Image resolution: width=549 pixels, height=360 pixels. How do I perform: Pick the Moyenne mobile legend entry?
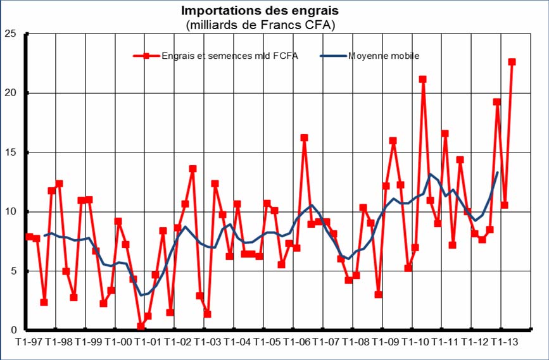383,56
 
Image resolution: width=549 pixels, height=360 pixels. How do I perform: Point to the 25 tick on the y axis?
10,33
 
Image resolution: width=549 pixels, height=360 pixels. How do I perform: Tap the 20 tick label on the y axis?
10,92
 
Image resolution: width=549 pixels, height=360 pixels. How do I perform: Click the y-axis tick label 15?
10,152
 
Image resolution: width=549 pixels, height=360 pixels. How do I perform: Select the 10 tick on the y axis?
10,211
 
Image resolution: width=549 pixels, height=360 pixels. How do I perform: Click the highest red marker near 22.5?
512,62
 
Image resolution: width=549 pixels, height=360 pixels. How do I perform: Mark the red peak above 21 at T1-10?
422,79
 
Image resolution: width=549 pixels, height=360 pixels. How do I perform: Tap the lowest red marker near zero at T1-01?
141,326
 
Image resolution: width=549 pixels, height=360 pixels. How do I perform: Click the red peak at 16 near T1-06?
304,137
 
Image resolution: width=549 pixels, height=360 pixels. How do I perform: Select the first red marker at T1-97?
29,237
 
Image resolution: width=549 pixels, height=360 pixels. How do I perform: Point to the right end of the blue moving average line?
497,172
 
